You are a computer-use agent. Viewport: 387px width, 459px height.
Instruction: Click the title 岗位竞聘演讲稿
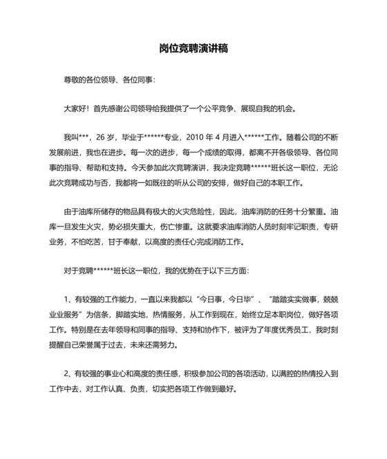pyautogui.click(x=193, y=49)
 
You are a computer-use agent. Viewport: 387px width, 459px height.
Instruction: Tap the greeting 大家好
pyautogui.click(x=75, y=108)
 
